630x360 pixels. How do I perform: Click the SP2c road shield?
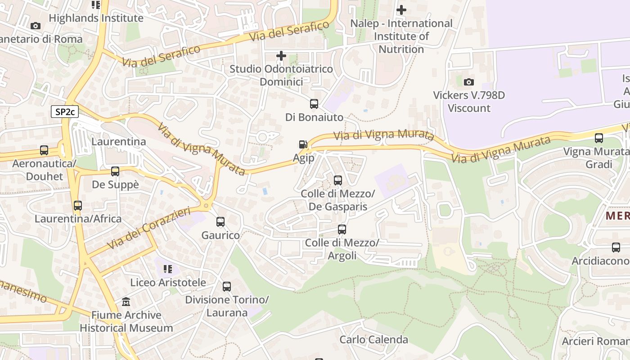tap(65, 112)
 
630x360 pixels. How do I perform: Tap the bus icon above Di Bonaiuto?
tap(314, 104)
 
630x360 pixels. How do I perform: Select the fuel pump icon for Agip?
tap(303, 144)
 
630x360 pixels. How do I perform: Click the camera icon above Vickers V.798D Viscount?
tap(469, 82)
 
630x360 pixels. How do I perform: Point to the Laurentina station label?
tap(119, 142)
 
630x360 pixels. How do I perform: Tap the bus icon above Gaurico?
tap(220, 222)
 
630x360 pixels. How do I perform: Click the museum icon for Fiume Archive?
tap(126, 301)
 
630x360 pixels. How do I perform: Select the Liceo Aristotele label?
tap(168, 283)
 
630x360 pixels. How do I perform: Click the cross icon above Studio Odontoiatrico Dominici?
tap(281, 56)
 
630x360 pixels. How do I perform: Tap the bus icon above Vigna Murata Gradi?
tap(599, 138)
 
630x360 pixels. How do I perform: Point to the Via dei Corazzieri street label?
tap(148, 229)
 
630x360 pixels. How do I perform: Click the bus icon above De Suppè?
tap(115, 171)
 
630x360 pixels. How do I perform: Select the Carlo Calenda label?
tap(373, 339)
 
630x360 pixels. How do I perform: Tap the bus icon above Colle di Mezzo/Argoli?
tap(342, 229)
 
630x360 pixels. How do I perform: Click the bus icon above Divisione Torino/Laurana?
tap(227, 287)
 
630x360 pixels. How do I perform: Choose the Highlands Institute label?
tap(96, 18)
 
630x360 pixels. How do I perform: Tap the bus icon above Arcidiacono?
tap(616, 247)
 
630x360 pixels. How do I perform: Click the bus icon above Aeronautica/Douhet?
tap(44, 150)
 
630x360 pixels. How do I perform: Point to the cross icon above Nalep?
tap(401, 9)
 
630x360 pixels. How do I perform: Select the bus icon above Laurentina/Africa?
tap(78, 206)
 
